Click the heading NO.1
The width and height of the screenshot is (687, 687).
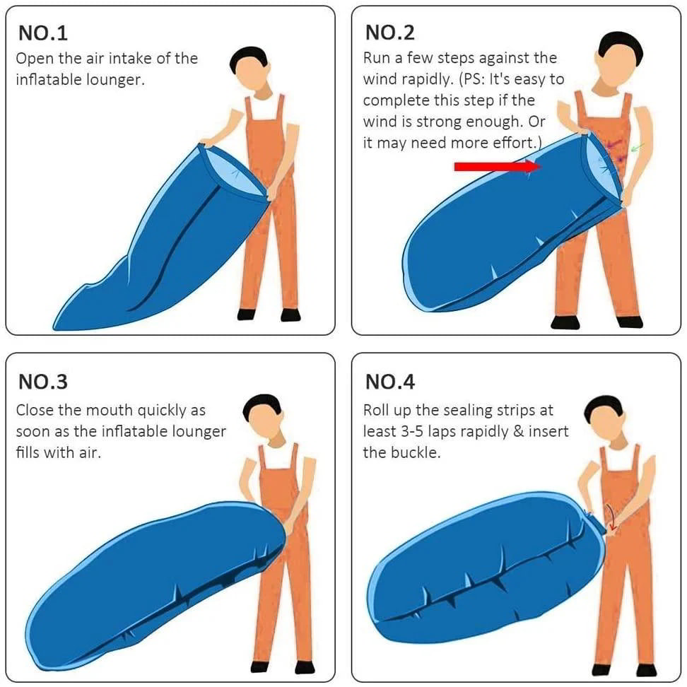43,33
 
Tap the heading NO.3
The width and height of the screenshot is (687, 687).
43,382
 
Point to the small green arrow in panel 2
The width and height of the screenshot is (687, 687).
638,147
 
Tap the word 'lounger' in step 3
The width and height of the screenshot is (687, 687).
198,431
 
